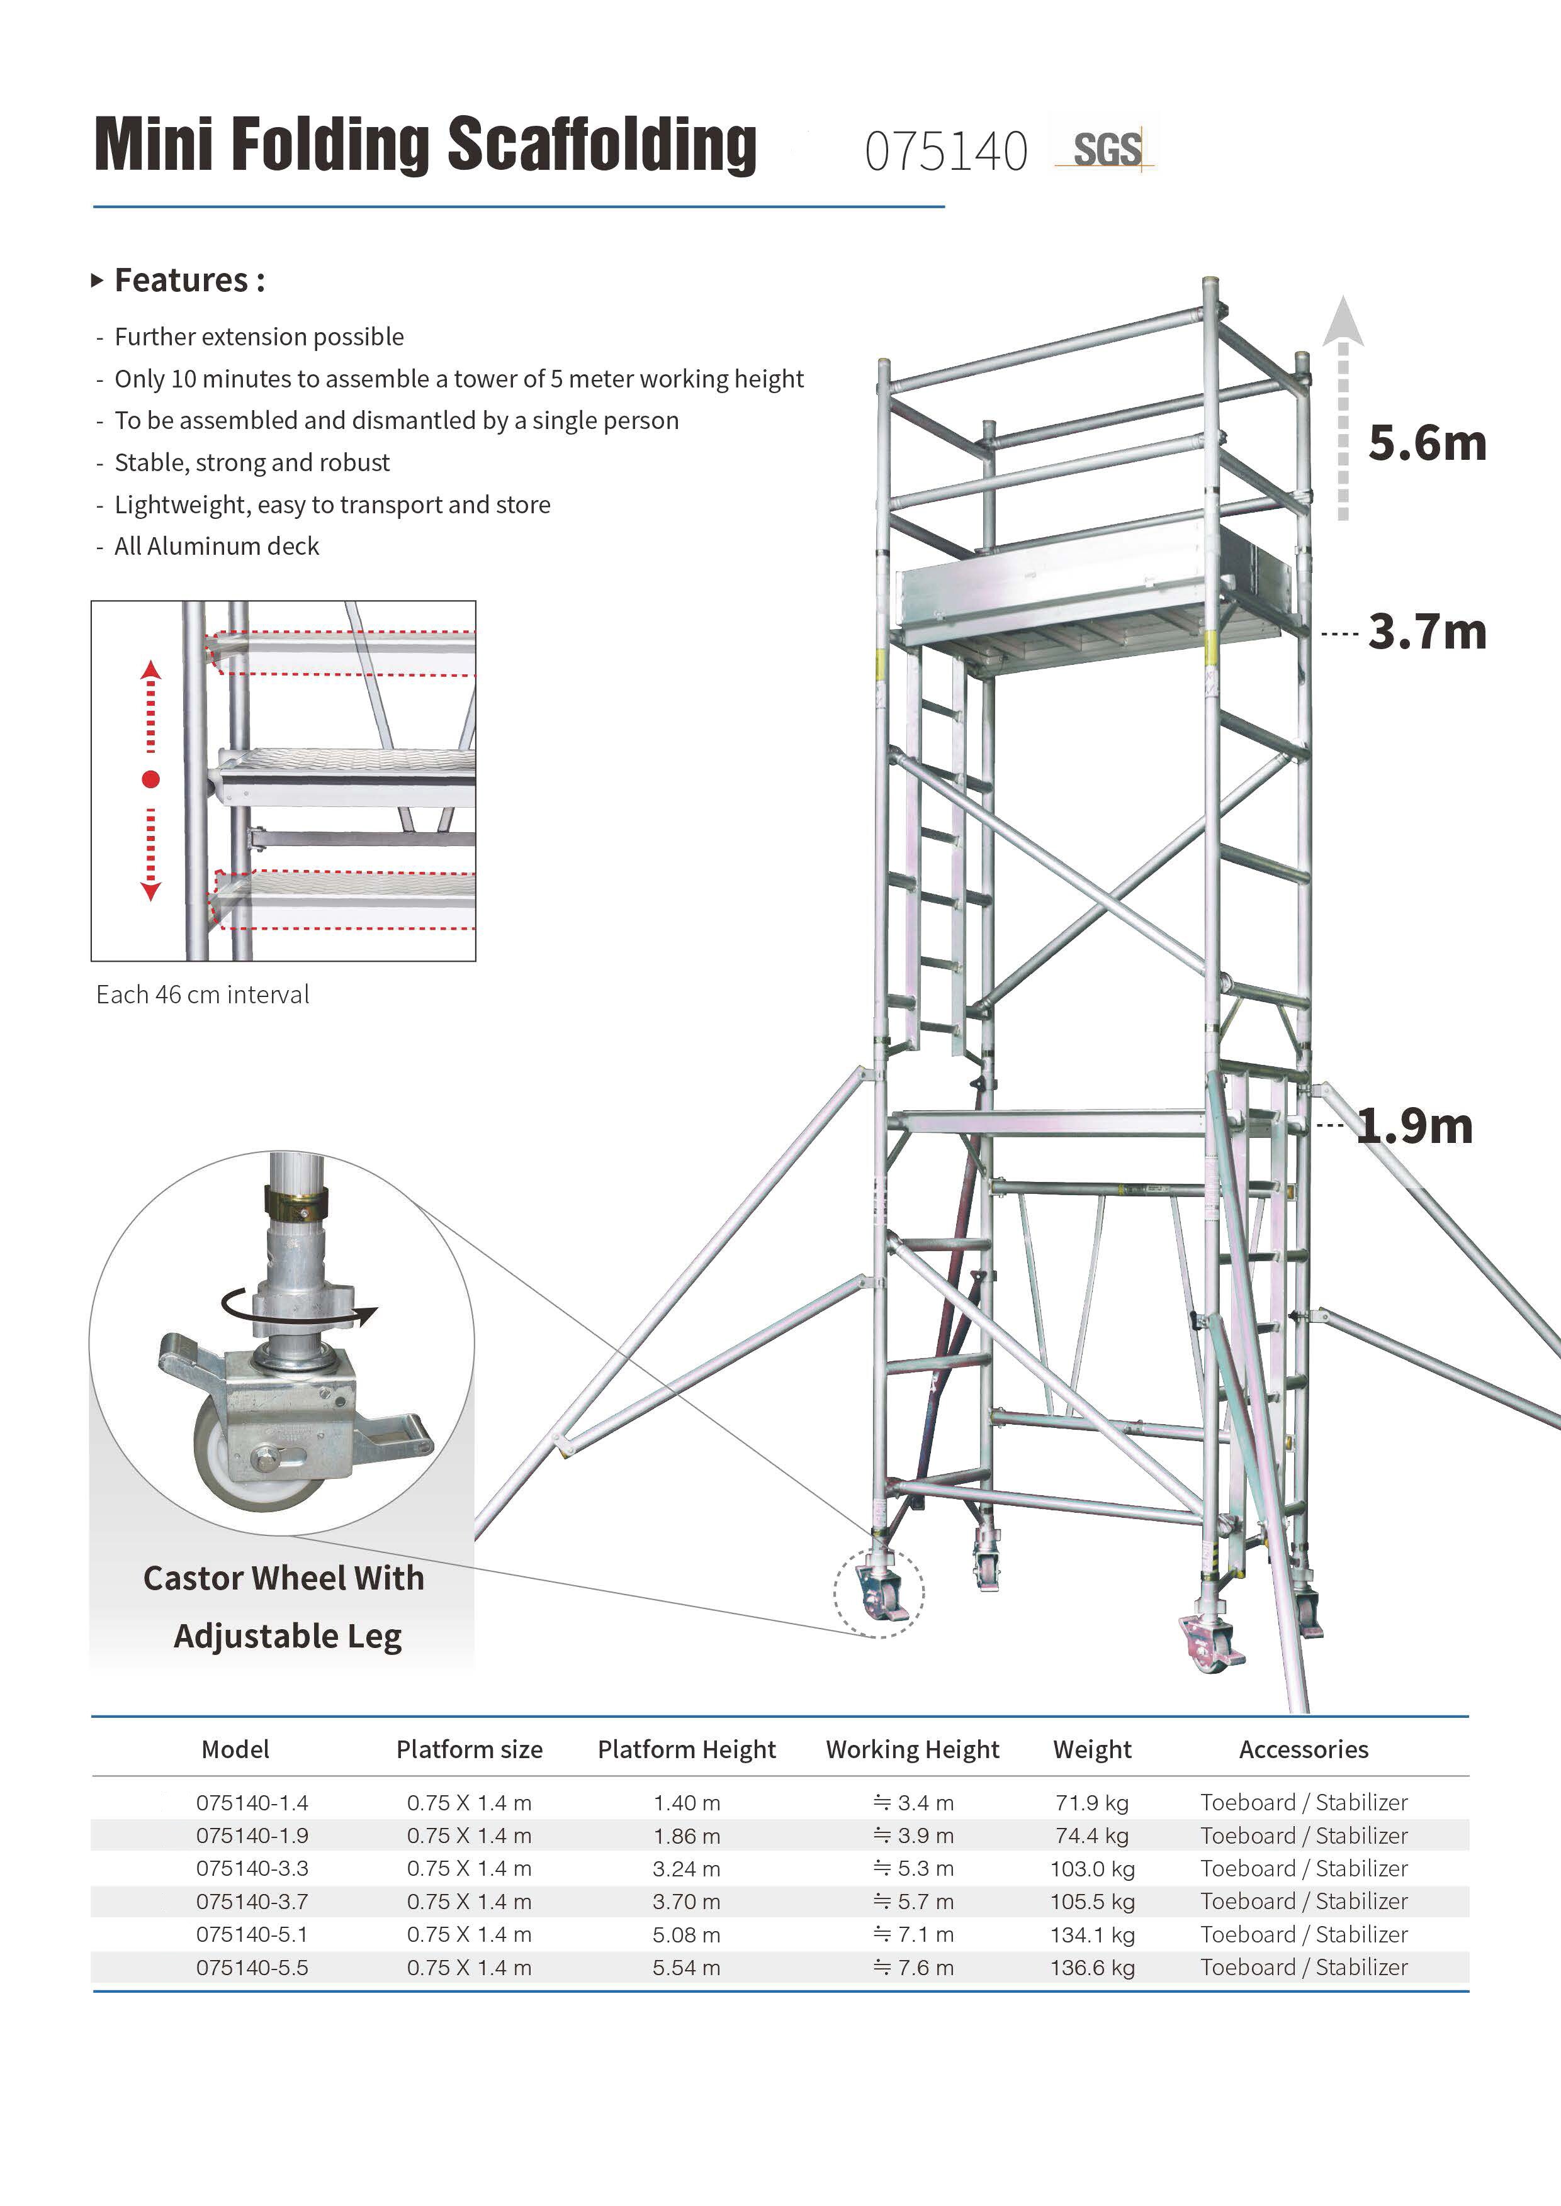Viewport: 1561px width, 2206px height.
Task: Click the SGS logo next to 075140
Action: coord(1105,149)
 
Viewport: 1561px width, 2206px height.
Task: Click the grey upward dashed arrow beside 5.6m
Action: coord(1343,413)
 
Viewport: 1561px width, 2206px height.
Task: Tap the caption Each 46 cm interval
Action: coord(203,994)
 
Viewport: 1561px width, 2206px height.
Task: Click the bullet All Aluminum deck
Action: coord(217,547)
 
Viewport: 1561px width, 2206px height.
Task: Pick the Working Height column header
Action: coord(912,1749)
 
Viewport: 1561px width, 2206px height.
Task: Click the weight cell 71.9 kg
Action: coord(1092,1802)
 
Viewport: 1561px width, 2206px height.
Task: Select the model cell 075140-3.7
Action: coord(252,1902)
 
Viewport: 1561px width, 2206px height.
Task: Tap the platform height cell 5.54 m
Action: coord(686,1968)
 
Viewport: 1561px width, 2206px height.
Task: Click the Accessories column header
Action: coord(1304,1749)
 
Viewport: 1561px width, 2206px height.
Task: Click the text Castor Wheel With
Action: coord(283,1578)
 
